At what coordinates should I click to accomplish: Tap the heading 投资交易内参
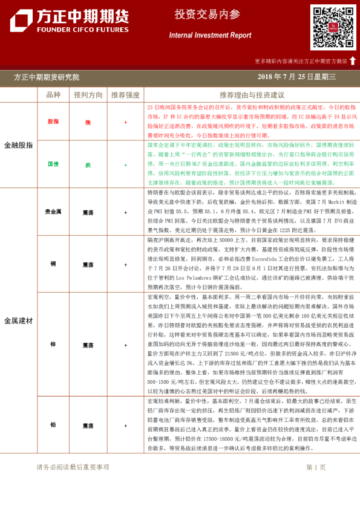tap(199, 14)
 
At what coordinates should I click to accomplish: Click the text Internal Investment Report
tap(210, 35)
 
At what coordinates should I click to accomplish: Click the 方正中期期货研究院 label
tap(47, 77)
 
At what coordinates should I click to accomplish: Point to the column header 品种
tap(53, 95)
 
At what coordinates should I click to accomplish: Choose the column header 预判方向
tap(88, 95)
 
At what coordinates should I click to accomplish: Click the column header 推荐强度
tap(126, 95)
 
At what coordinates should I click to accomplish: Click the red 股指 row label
tap(53, 122)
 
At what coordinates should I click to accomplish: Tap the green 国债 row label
tap(53, 164)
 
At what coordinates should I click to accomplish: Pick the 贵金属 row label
tap(53, 212)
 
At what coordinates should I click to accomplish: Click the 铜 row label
tap(53, 264)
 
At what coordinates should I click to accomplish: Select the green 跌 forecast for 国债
tap(88, 164)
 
